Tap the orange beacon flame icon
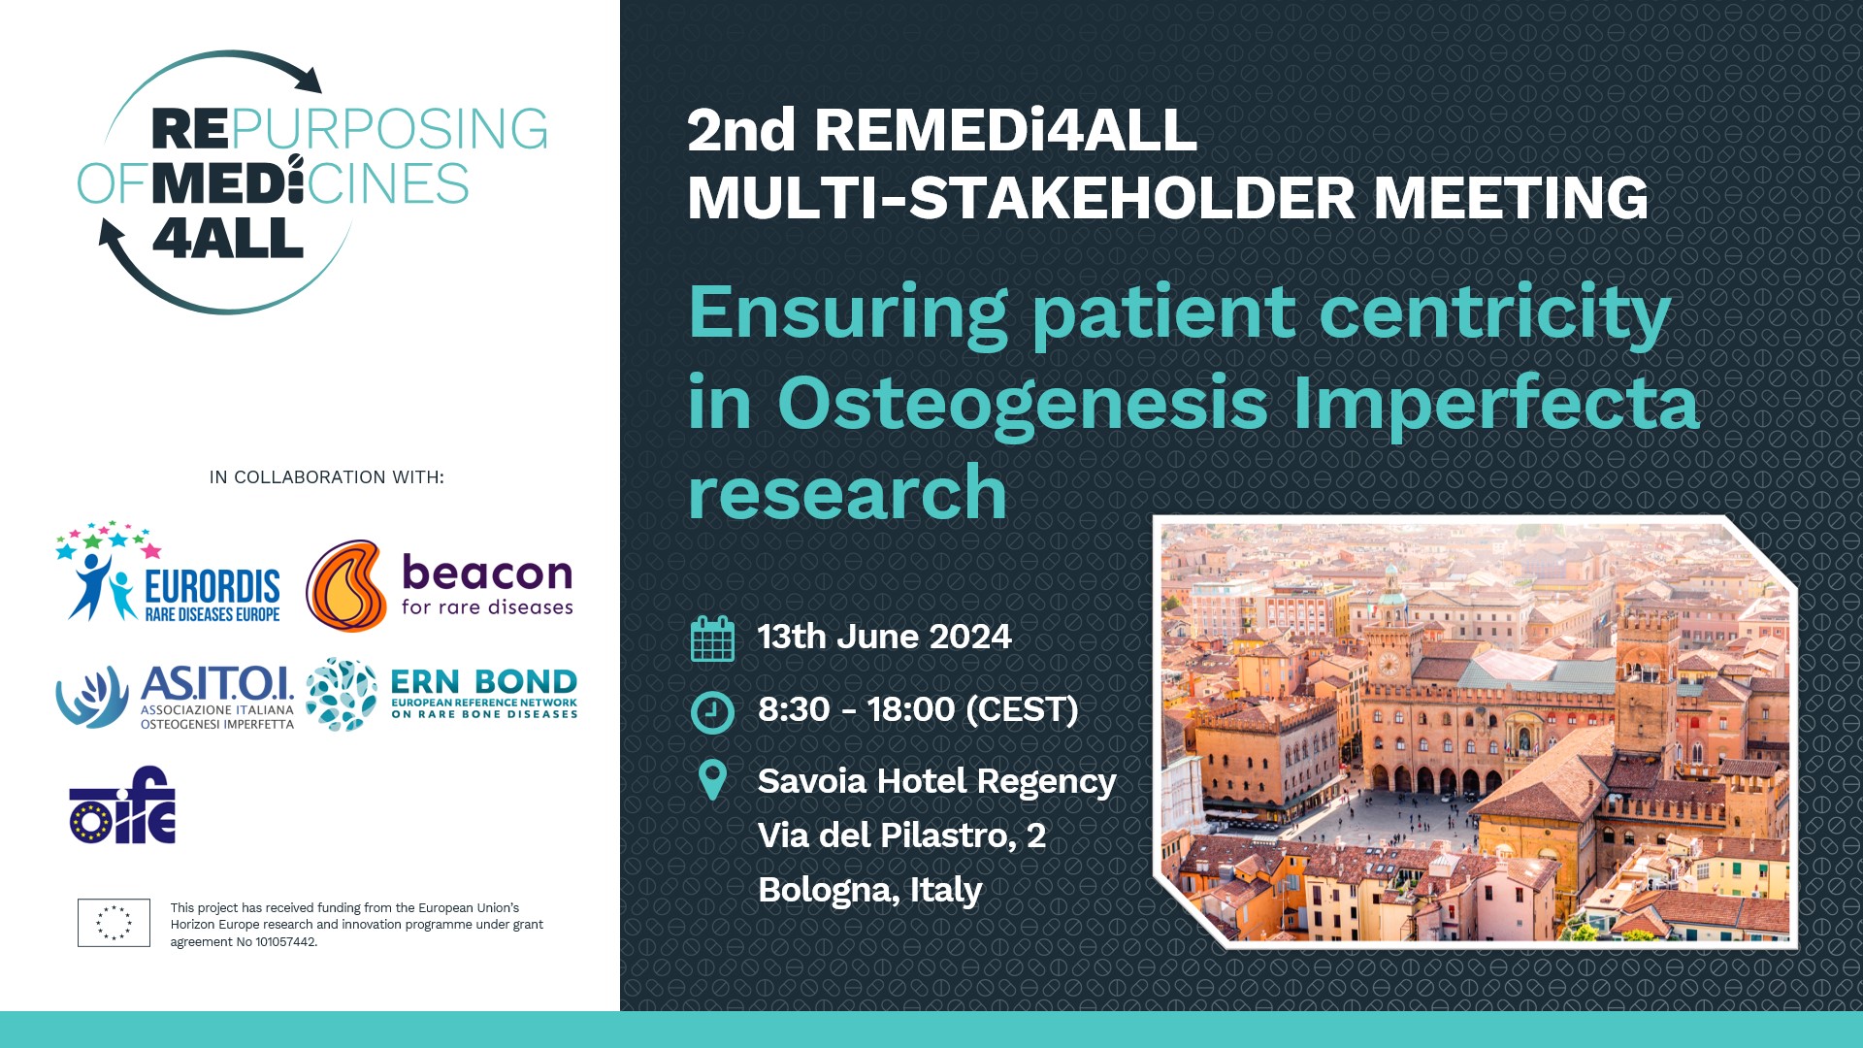point(346,586)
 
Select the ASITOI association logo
point(175,697)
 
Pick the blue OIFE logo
point(122,804)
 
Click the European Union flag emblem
point(114,923)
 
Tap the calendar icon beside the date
point(712,639)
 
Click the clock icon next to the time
point(712,711)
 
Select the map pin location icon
point(713,780)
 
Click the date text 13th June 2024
point(884,637)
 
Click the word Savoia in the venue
point(813,780)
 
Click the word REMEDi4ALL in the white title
point(1005,130)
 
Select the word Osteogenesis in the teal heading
point(1023,403)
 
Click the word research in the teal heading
point(847,492)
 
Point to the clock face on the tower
point(1389,665)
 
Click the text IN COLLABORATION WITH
point(327,477)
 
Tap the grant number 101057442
point(285,941)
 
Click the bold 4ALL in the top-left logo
point(228,239)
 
